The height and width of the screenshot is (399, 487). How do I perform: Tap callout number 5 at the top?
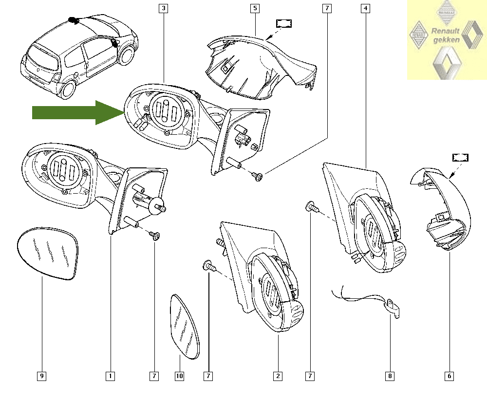click(x=255, y=8)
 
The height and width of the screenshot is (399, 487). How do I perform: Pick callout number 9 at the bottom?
click(x=42, y=376)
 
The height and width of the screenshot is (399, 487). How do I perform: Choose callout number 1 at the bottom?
click(x=111, y=376)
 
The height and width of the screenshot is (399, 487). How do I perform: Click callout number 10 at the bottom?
click(x=179, y=376)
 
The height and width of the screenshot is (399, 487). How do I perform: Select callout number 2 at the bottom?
click(x=278, y=376)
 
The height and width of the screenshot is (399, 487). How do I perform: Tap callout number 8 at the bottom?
click(x=390, y=376)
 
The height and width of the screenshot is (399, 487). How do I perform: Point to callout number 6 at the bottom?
click(x=449, y=376)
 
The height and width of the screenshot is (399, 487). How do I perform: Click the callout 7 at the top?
click(x=326, y=8)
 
